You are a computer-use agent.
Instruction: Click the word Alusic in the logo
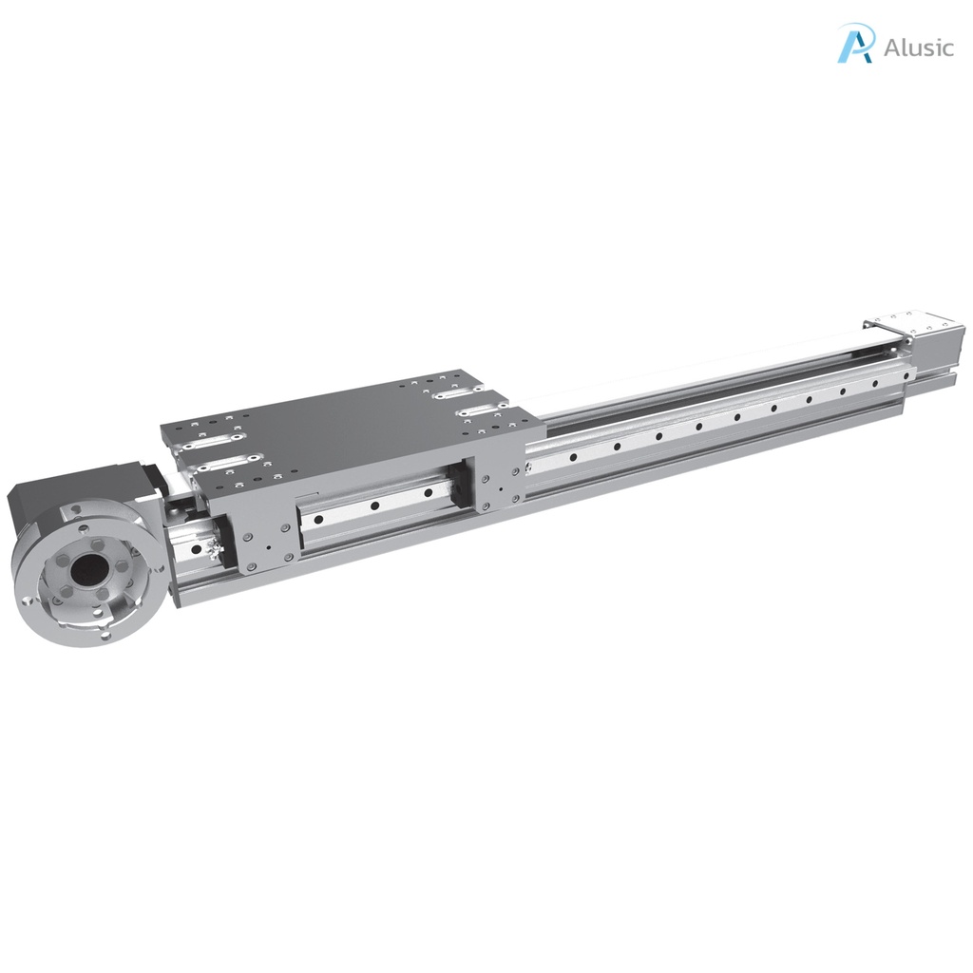pos(918,48)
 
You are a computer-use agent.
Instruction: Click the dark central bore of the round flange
pos(83,571)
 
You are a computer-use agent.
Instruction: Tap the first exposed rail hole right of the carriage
pos(572,457)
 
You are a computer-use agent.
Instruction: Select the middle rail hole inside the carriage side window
pos(376,506)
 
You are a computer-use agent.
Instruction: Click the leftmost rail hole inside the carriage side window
pos(320,519)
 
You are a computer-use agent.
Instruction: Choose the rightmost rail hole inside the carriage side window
pos(428,492)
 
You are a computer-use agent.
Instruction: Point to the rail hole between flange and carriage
pos(197,548)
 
